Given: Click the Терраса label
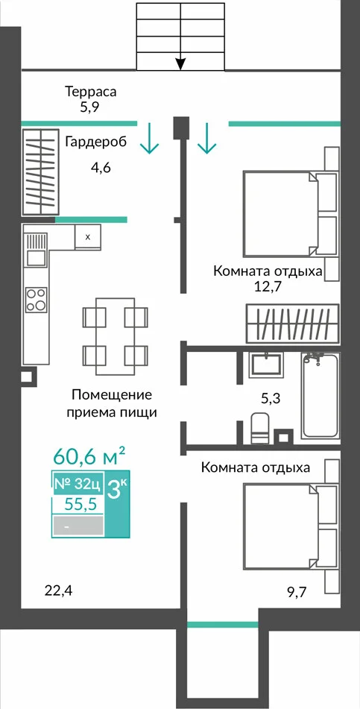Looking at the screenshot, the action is click(x=91, y=92).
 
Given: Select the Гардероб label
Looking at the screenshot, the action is click(x=96, y=142).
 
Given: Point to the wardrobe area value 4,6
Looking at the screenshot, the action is click(x=101, y=168).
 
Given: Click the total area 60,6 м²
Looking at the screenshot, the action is click(x=89, y=456).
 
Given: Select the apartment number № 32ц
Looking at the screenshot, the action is click(x=78, y=484).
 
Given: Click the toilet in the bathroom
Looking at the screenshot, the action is click(x=260, y=428).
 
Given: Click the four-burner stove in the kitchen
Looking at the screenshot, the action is click(x=37, y=300).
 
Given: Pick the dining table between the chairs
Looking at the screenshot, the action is click(x=116, y=335).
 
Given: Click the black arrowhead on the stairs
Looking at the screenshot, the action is click(x=180, y=64).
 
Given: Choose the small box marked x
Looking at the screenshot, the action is click(x=88, y=236).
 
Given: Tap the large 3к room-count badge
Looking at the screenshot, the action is click(x=117, y=490).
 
